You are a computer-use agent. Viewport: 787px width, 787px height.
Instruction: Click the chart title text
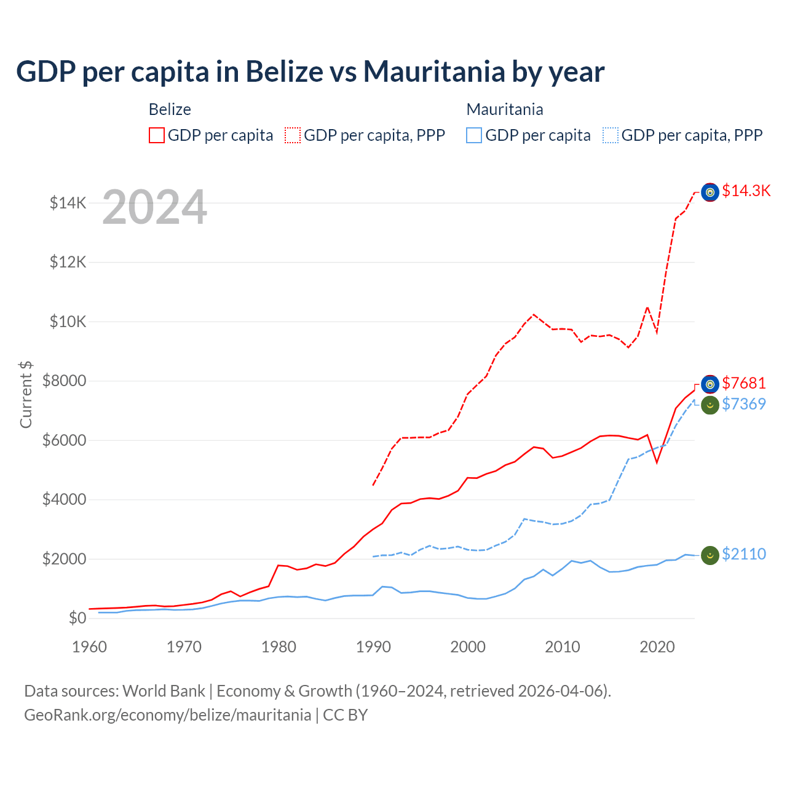click(x=310, y=72)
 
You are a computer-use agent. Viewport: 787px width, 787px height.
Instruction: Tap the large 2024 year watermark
click(x=154, y=207)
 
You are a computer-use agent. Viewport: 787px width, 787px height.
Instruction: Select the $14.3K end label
click(x=746, y=191)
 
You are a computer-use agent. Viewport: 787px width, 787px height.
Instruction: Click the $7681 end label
click(x=743, y=383)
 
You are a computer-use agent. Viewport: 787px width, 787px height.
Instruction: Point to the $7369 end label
click(x=743, y=404)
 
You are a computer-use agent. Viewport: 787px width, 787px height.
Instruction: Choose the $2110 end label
click(x=743, y=554)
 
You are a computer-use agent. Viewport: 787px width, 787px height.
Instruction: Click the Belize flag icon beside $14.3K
click(x=710, y=192)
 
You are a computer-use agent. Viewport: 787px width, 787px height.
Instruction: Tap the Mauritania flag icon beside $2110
click(x=710, y=555)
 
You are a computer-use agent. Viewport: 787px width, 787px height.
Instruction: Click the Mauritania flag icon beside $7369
click(x=710, y=405)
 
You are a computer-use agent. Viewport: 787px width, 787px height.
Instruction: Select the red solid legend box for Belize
click(x=157, y=135)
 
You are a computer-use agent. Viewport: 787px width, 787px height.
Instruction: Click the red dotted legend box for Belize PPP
click(x=293, y=135)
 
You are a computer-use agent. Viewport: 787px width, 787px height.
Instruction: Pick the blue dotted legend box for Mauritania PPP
click(x=611, y=135)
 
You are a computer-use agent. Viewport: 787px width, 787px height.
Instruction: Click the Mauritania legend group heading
click(x=504, y=109)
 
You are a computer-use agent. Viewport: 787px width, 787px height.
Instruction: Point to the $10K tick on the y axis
click(x=68, y=322)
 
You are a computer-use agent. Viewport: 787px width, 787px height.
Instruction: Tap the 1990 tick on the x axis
click(x=373, y=647)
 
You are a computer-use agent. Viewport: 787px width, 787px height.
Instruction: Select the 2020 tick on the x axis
click(x=657, y=647)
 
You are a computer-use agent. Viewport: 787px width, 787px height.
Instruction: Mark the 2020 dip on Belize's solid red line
click(x=657, y=462)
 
